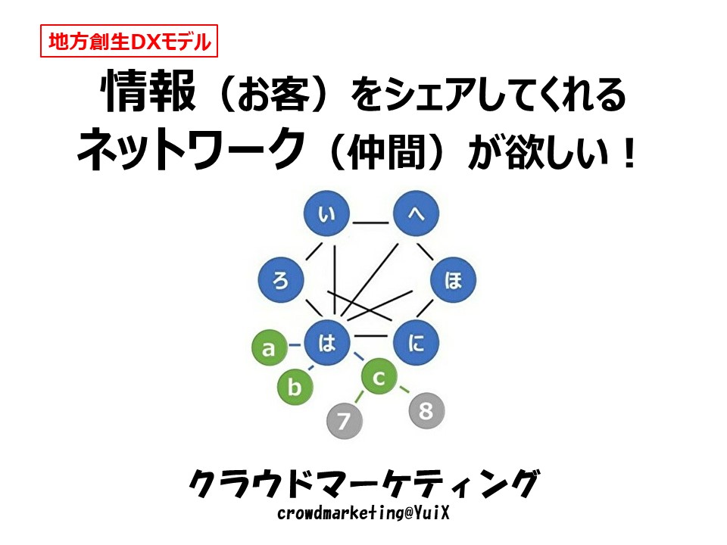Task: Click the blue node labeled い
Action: [x=326, y=213]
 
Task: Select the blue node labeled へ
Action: [x=416, y=213]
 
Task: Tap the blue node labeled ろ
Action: [x=281, y=280]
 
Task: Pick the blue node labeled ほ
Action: [x=453, y=280]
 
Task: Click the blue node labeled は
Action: [x=326, y=343]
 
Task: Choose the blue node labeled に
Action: [x=416, y=343]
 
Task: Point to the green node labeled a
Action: [x=270, y=347]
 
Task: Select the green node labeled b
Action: [x=295, y=387]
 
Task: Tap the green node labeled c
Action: [x=379, y=377]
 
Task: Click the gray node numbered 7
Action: [x=345, y=421]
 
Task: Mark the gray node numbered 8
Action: [x=426, y=410]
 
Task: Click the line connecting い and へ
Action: [x=370, y=223]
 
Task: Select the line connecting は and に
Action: [x=370, y=335]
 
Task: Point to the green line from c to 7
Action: [x=359, y=397]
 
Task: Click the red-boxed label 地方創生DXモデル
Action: [x=129, y=41]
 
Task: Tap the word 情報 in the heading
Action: [x=148, y=92]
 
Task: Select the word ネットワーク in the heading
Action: [x=191, y=149]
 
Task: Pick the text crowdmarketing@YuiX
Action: [x=363, y=513]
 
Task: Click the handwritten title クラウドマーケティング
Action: [x=364, y=484]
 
